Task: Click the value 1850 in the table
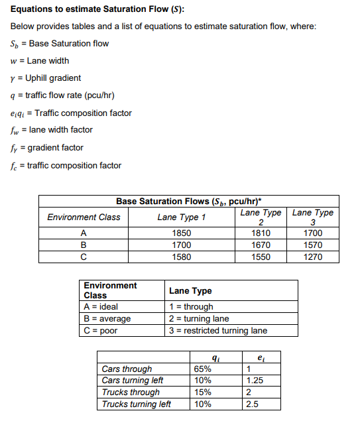pos(182,233)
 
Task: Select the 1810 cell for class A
pos(261,233)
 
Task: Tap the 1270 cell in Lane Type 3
pos(313,257)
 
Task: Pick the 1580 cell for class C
pos(182,257)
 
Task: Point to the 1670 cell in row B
pos(261,245)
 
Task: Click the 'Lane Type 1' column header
pos(182,217)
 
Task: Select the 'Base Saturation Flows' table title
pos(188,201)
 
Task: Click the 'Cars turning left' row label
pos(133,381)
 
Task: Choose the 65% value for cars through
pos(203,369)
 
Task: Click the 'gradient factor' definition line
pos(48,147)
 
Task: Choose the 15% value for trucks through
pos(203,392)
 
